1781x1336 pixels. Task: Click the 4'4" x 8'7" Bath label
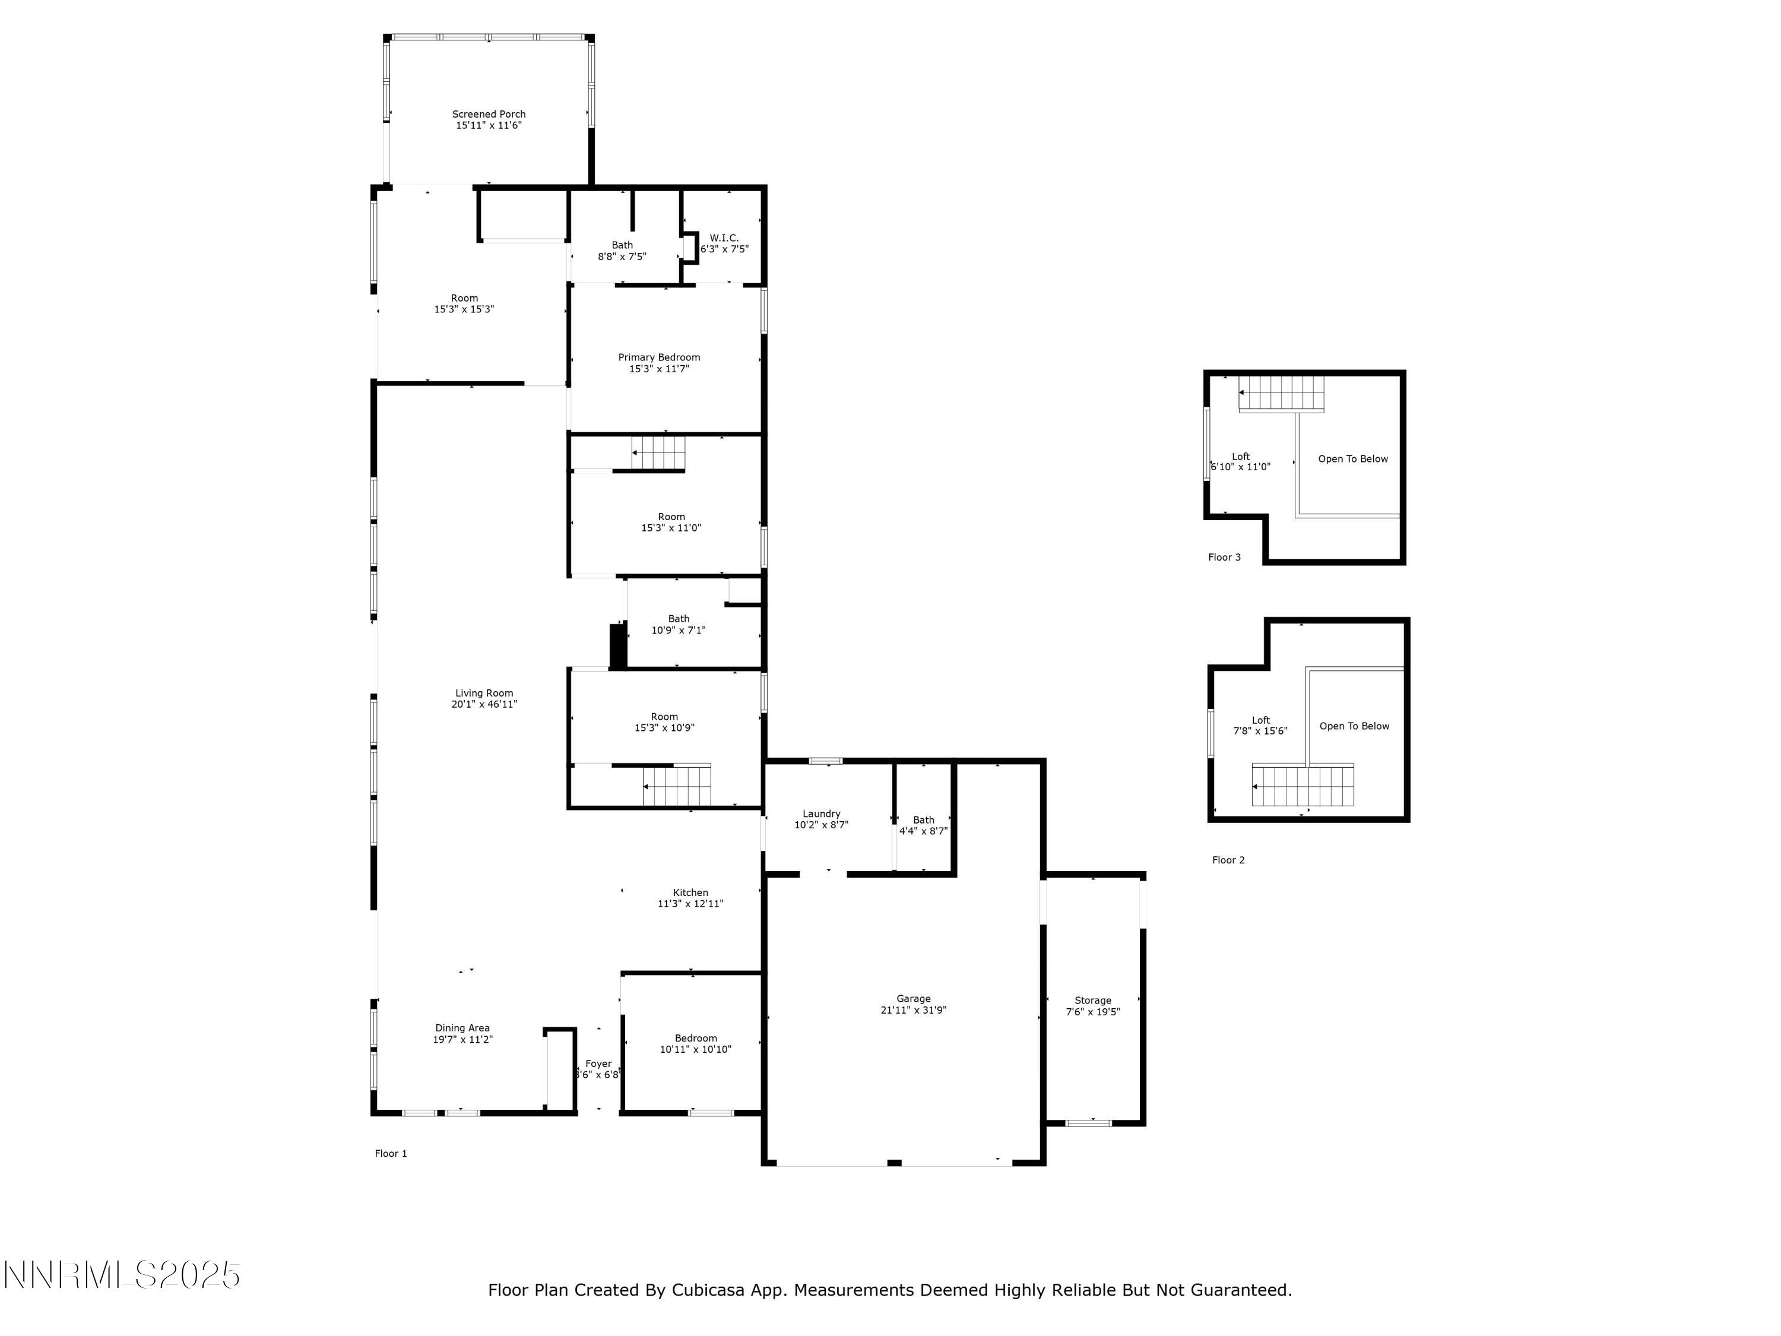point(924,825)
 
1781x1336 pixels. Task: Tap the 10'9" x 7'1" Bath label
point(678,625)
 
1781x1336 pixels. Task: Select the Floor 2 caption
point(1228,860)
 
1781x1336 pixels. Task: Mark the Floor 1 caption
point(391,1153)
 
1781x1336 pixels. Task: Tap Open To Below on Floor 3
point(1352,459)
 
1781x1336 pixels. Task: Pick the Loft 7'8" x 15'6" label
point(1260,726)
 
